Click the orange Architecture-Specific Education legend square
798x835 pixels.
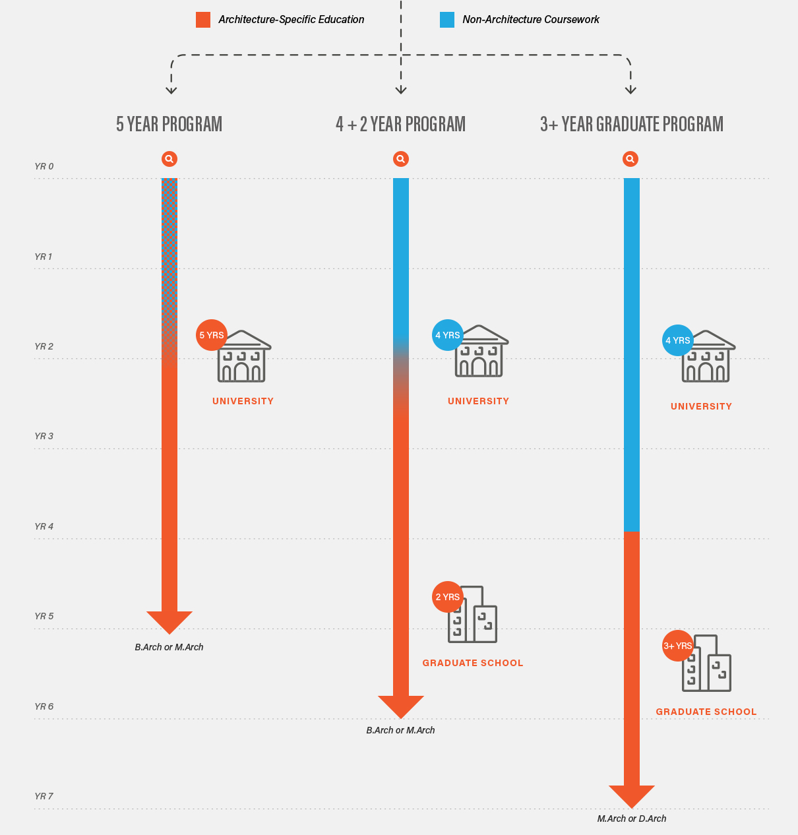pyautogui.click(x=203, y=20)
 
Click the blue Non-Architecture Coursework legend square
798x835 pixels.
pyautogui.click(x=447, y=20)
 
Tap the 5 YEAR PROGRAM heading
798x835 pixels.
pyautogui.click(x=169, y=124)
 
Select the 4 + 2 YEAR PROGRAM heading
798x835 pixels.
pyautogui.click(x=400, y=124)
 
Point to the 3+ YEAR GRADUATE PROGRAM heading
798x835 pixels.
pyautogui.click(x=632, y=124)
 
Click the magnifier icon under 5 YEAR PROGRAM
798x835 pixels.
pyautogui.click(x=169, y=159)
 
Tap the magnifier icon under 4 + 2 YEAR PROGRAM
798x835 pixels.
pyautogui.click(x=401, y=159)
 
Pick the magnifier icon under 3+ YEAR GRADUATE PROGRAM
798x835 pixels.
pyautogui.click(x=630, y=159)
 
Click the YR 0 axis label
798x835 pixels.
pyautogui.click(x=44, y=167)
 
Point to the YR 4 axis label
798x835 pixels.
pyautogui.click(x=44, y=526)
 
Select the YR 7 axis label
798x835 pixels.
pyautogui.click(x=44, y=796)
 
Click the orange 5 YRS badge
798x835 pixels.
pyautogui.click(x=212, y=335)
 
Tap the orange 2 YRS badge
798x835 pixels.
pyautogui.click(x=447, y=597)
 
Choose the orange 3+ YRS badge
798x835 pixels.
pyautogui.click(x=678, y=646)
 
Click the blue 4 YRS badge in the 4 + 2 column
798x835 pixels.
pyautogui.click(x=448, y=335)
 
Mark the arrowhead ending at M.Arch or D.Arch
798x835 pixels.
pyautogui.click(x=632, y=795)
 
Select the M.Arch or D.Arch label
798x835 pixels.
pyautogui.click(x=632, y=819)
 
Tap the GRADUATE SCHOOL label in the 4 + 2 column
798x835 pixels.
pyautogui.click(x=473, y=663)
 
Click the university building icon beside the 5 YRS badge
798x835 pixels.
pyautogui.click(x=243, y=357)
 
